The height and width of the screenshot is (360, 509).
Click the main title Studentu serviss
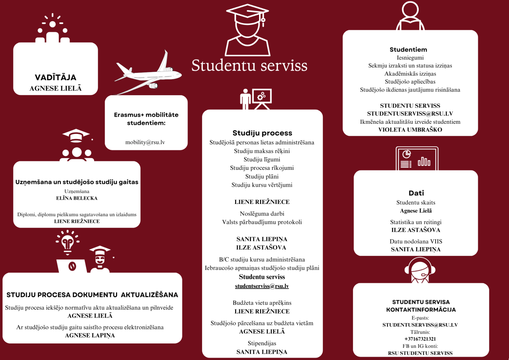[x=249, y=66]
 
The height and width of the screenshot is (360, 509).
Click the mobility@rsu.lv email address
[x=145, y=142]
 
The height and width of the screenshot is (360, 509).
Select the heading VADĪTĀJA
[x=56, y=77]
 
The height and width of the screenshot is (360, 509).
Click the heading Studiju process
[x=262, y=133]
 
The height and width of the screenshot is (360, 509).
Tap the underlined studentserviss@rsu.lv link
[x=262, y=286]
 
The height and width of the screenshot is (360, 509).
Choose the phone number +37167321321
[x=420, y=339]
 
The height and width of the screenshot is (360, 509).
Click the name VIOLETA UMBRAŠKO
[x=410, y=130]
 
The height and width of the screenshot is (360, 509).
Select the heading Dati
[x=416, y=193]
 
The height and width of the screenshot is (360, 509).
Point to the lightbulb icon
[x=67, y=242]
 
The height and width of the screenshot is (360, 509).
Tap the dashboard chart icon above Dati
[x=417, y=159]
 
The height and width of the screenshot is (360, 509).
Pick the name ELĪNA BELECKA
[x=77, y=198]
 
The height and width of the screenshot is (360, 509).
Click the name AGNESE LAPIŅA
[x=90, y=335]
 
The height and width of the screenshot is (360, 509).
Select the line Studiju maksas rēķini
[x=262, y=151]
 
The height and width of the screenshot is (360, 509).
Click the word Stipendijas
[x=262, y=343]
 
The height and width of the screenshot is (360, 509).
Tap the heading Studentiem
[x=408, y=50]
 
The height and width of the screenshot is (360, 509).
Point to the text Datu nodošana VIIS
[x=416, y=242]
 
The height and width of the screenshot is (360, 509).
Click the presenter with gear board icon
[x=256, y=99]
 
